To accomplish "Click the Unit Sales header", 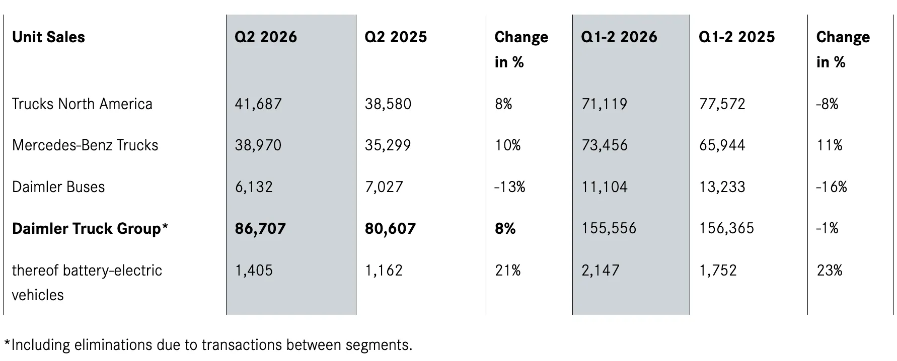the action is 48,37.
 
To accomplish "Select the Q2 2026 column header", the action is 266,37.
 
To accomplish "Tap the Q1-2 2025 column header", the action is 737,37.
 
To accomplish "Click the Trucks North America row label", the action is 82,104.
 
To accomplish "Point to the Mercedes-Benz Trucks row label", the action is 85,145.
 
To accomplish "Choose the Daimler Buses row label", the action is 58,187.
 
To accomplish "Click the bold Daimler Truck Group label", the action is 87,228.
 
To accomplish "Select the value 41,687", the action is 258,104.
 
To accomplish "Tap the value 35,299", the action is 388,145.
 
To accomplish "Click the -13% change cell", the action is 510,187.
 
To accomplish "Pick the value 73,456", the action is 605,145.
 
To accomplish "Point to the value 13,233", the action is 722,187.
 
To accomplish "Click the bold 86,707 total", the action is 260,228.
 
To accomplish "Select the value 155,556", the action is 609,228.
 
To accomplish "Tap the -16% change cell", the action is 832,187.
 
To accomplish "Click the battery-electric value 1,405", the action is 254,270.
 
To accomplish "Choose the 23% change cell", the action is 830,270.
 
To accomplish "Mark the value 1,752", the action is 718,270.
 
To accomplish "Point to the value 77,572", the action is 722,104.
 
